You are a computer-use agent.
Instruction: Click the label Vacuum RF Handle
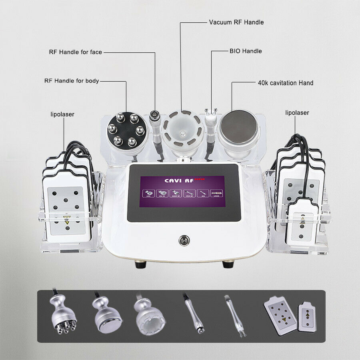click(x=236, y=22)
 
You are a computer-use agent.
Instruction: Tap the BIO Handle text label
click(x=246, y=51)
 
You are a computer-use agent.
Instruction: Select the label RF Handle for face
click(x=75, y=52)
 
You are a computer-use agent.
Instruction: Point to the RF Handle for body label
click(x=72, y=81)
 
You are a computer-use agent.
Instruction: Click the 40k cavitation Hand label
click(x=285, y=83)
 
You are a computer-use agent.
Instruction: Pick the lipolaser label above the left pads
click(x=62, y=114)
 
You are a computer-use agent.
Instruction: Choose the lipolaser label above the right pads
click(x=297, y=113)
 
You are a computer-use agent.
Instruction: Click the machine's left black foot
click(x=140, y=264)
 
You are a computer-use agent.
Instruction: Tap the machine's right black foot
click(x=228, y=264)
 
